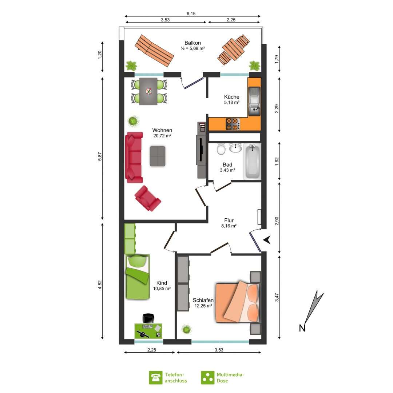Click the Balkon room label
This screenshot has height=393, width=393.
[x=192, y=43]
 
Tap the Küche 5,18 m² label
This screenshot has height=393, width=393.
[x=231, y=99]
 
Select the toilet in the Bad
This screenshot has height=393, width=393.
[x=221, y=150]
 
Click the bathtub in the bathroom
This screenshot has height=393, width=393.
[x=252, y=162]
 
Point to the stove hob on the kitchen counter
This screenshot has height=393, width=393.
[x=233, y=124]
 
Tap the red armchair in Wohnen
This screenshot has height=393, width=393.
[x=147, y=198]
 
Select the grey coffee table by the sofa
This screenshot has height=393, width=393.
[x=158, y=156]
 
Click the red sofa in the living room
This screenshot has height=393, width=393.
[x=134, y=158]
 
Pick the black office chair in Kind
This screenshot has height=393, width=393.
[x=148, y=318]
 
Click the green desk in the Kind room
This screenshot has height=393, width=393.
[x=148, y=331]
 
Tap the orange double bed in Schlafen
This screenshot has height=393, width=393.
[x=237, y=302]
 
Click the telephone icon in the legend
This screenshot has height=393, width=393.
[x=155, y=378]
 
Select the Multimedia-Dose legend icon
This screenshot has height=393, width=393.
[x=207, y=378]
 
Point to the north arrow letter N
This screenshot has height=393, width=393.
[x=302, y=328]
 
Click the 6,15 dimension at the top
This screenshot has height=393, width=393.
[x=191, y=14]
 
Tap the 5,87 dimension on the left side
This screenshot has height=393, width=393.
[x=100, y=156]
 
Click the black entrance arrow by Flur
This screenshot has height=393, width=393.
[x=267, y=240]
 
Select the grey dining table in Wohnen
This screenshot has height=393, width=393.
[x=148, y=91]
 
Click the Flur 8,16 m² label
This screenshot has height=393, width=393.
[x=229, y=223]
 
